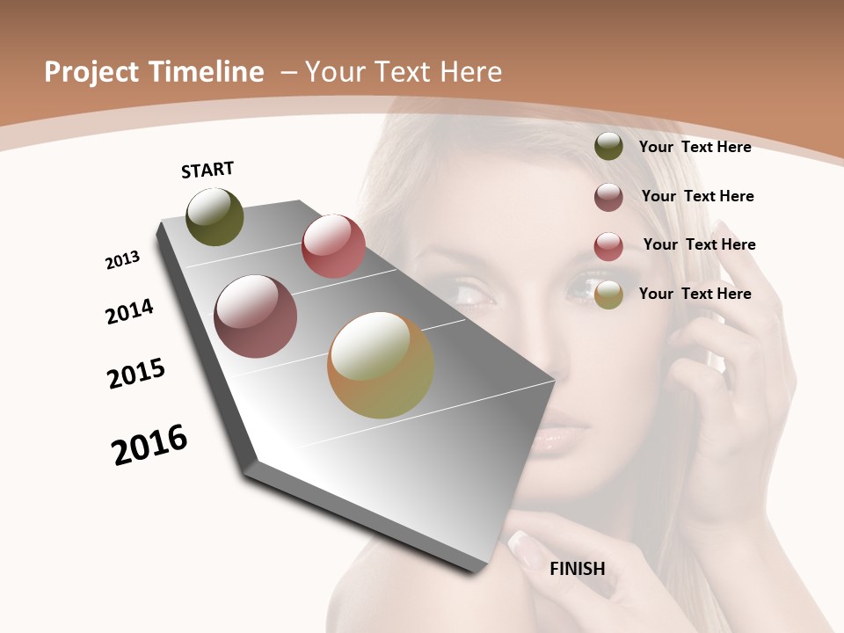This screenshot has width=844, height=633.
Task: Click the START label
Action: pos(207,170)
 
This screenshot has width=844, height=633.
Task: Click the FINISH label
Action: pos(577,569)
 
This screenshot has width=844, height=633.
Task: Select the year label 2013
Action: pos(122,260)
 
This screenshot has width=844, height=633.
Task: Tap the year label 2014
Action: pos(129,311)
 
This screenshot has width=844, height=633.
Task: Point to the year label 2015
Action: pos(136,374)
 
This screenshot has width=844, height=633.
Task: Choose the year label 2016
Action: pos(149,444)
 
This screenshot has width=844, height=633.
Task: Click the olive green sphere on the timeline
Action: pos(215,217)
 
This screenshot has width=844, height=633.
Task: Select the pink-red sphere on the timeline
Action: pos(333,246)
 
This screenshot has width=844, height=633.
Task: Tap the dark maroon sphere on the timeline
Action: pos(256,316)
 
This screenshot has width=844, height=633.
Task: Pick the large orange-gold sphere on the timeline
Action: pos(381,365)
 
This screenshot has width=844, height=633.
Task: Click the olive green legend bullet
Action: pos(608,147)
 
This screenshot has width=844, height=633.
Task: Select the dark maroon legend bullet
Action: pos(608,197)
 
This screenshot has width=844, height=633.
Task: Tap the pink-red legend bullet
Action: pos(608,246)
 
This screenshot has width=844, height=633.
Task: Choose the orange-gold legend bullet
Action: pos(608,295)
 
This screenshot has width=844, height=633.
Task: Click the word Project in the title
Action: pos(92,72)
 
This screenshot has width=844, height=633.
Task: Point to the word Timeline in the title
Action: pos(210,72)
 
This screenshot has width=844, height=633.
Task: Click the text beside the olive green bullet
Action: pos(695,147)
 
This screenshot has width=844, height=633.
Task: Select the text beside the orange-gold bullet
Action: pos(695,294)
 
